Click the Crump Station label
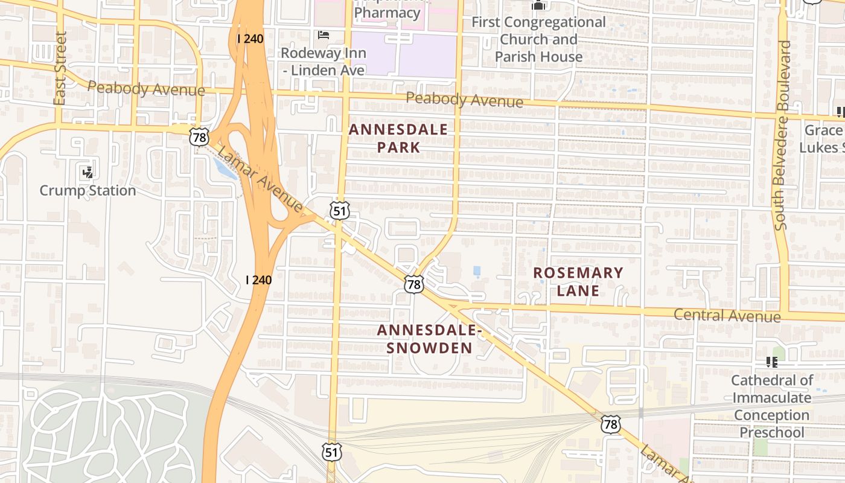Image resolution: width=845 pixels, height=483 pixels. [x=88, y=191]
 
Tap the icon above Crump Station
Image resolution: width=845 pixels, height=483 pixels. [x=88, y=173]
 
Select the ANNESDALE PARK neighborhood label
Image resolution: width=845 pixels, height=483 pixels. [x=398, y=138]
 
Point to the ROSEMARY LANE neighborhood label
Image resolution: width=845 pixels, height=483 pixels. [x=578, y=281]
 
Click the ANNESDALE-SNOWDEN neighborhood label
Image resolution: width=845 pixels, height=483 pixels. [x=429, y=339]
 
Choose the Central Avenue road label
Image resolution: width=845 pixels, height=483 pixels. [x=727, y=315]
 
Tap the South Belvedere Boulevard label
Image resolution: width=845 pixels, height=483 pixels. [x=783, y=135]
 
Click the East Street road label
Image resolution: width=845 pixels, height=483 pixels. [x=59, y=68]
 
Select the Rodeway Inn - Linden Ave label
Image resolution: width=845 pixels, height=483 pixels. [x=324, y=62]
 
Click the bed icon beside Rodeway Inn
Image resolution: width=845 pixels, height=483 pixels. [x=324, y=35]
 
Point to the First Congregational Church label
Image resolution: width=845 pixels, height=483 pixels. [x=538, y=39]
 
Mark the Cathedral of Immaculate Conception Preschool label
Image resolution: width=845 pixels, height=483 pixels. [x=772, y=406]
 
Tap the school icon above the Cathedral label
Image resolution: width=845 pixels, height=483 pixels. [x=771, y=362]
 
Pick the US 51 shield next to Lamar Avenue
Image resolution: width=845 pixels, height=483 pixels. [x=339, y=210]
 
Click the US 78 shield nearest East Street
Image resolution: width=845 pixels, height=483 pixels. [x=199, y=136]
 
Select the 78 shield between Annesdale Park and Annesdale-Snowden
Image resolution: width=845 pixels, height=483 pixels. [x=413, y=284]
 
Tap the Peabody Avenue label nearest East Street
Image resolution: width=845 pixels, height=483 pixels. [x=146, y=89]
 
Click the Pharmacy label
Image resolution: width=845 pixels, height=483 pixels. [x=387, y=12]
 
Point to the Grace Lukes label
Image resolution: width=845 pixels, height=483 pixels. [x=823, y=139]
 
